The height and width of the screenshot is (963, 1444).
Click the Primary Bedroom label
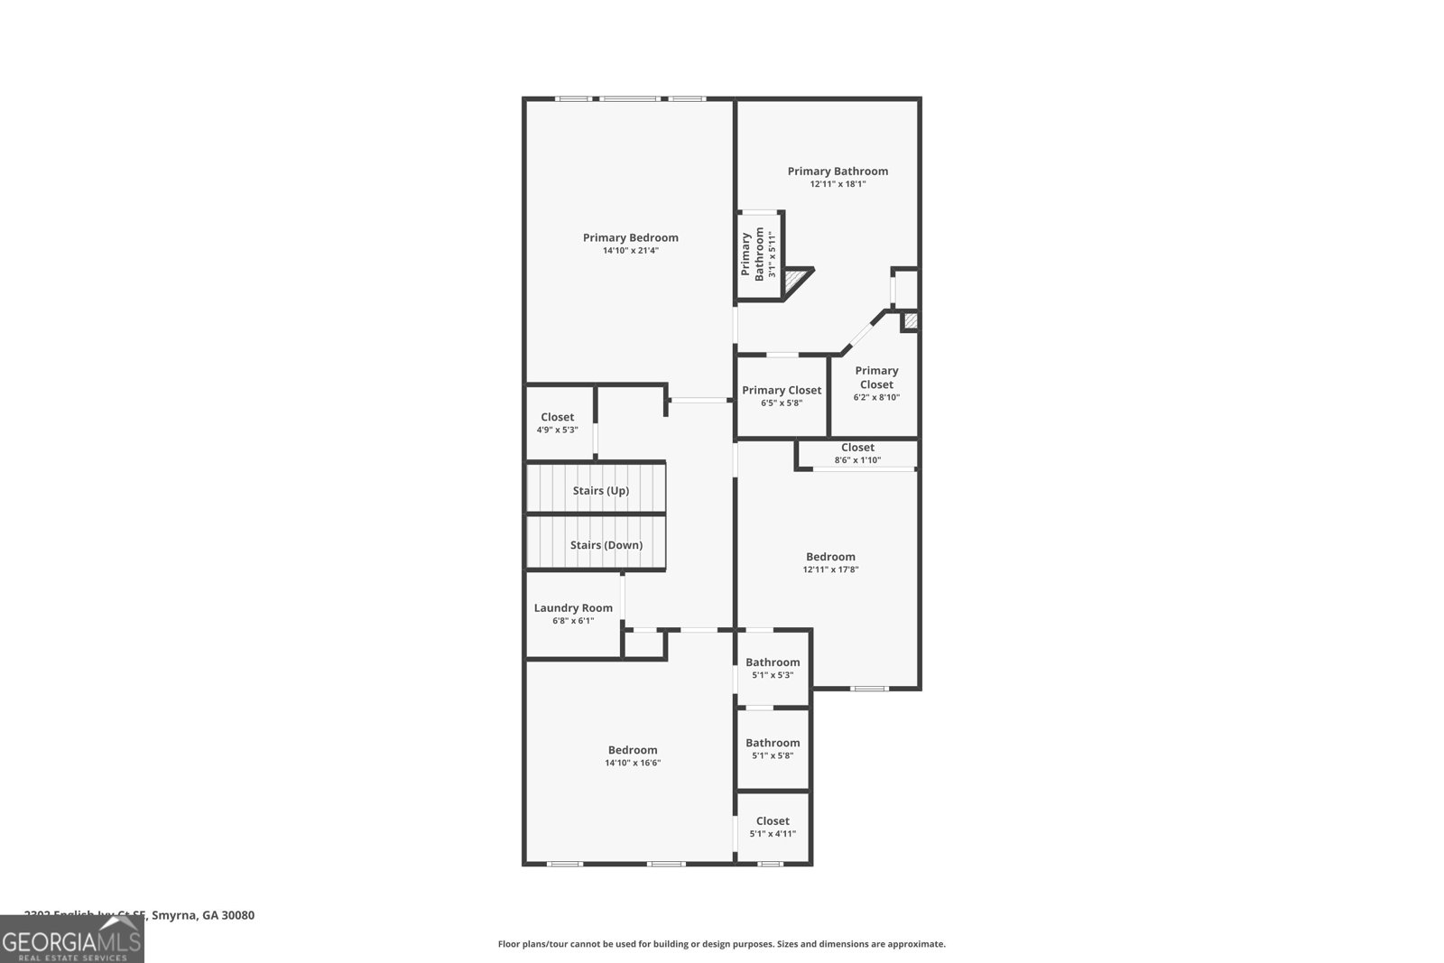coord(630,238)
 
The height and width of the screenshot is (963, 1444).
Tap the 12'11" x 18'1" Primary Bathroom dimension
coord(838,184)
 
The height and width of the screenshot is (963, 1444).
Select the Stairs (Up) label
coord(600,491)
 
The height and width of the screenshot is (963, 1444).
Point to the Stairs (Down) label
coord(606,545)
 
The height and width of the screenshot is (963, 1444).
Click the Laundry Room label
coord(573,608)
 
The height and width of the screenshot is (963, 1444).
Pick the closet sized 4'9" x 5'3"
coord(558,423)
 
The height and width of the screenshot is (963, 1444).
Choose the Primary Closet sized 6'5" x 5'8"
coord(782,396)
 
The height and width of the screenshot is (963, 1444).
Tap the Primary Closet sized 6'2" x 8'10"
coord(876,384)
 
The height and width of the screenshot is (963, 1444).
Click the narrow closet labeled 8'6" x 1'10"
coord(857,453)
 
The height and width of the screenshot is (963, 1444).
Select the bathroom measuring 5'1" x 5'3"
coord(773,668)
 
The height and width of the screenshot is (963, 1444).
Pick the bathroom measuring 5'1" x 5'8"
coord(773,749)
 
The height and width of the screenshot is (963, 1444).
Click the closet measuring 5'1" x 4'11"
coord(773,827)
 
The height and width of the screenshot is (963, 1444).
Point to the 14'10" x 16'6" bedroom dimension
coord(633,764)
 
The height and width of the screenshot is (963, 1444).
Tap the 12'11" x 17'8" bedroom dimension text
coord(830,569)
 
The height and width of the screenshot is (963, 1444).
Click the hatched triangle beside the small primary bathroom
coord(795,281)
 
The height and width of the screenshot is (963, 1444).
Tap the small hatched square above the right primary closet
coord(910,320)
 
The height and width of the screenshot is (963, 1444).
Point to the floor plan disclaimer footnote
coord(721,944)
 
